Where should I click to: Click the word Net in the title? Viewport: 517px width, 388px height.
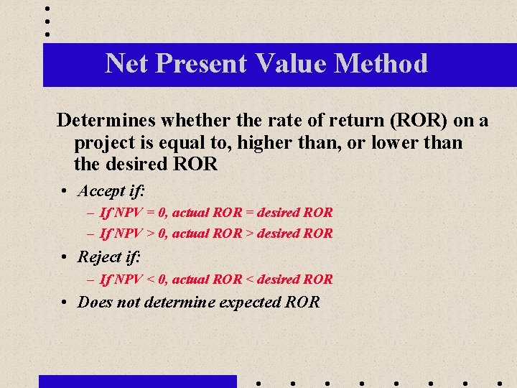coord(126,63)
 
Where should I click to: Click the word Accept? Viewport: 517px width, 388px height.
coord(101,191)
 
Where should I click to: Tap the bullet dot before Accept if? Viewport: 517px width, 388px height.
coord(65,192)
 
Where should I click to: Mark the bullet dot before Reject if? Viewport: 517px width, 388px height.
coord(65,257)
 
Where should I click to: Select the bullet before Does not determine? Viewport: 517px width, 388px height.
coord(65,302)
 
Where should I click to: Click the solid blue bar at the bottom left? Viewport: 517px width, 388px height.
coord(137,381)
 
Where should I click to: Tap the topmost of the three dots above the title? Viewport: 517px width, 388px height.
coord(47,9)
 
